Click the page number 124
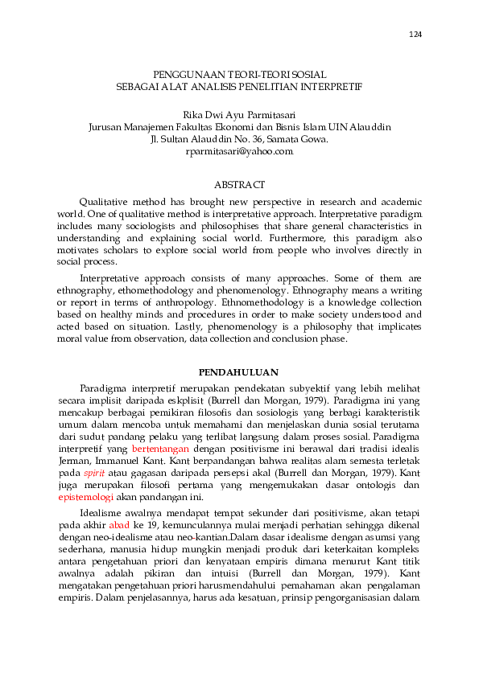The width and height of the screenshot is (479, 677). click(x=415, y=35)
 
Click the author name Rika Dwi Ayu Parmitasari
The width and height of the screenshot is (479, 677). click(x=239, y=116)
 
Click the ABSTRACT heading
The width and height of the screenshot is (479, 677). click(x=239, y=185)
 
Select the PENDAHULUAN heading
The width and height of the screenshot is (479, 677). click(x=238, y=371)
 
